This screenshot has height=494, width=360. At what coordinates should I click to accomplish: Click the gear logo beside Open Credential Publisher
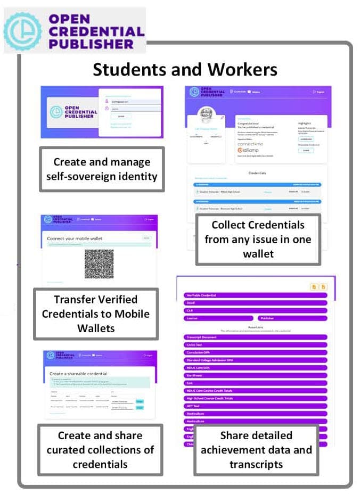22,31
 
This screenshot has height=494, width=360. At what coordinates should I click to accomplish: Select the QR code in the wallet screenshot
99,264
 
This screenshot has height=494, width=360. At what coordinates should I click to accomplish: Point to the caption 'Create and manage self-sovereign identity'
102,169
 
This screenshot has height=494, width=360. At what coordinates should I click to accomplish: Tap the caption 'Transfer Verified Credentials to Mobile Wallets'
96,314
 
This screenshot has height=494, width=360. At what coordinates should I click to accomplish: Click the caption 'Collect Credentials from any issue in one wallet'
258,239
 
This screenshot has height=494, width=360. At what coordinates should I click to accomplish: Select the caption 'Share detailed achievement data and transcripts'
256,450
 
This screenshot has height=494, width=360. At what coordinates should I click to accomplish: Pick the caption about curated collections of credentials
100,450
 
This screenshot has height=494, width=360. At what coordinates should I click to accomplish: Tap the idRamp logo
249,151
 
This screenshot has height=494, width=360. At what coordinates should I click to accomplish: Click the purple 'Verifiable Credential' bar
255,295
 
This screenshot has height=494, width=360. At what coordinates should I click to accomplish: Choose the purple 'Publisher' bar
292,318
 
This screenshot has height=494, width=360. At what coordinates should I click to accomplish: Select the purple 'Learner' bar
218,318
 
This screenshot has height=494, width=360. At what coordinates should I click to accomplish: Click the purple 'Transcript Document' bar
255,337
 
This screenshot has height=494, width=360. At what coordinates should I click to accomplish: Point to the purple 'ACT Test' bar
255,405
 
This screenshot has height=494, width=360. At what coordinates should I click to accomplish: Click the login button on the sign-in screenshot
121,116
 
